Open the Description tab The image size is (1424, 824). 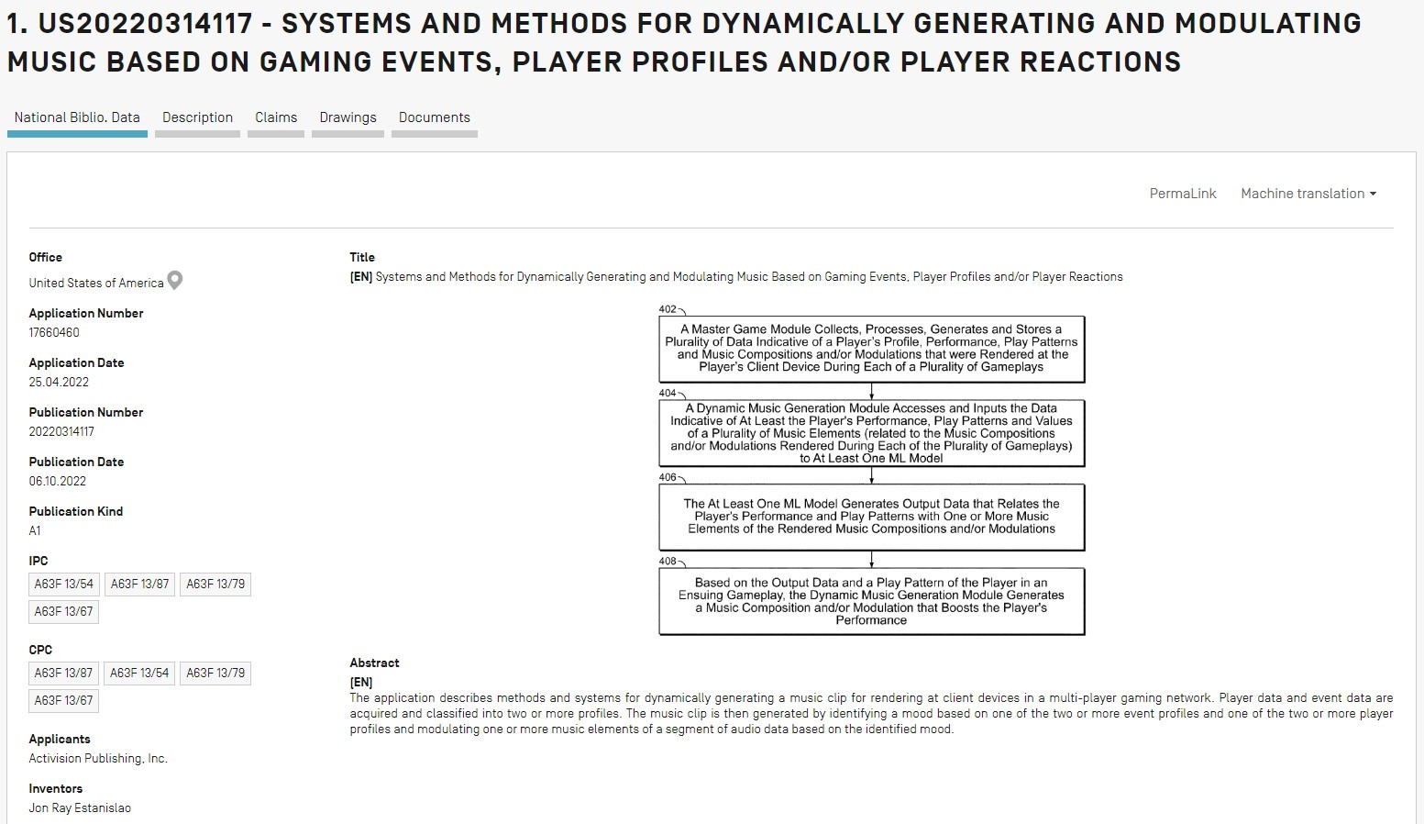[197, 117]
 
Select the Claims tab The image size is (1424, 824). [276, 117]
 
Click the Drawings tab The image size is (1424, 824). [348, 117]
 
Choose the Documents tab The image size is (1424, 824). [435, 117]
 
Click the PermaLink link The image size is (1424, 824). [1183, 194]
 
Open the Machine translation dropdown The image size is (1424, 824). [1308, 194]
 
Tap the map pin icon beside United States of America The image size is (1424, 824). [175, 281]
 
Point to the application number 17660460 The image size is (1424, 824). [54, 332]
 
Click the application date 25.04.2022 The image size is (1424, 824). [59, 382]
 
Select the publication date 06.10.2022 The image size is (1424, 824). [58, 481]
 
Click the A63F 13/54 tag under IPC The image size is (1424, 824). [64, 585]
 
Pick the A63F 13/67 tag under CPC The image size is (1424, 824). [64, 700]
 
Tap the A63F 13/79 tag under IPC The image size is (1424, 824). [215, 585]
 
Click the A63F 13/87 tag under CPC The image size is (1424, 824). [64, 673]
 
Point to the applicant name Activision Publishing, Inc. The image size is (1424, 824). [98, 758]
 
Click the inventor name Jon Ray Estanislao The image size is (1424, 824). [80, 807]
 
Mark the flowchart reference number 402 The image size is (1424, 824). [668, 309]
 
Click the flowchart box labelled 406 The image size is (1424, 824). [871, 517]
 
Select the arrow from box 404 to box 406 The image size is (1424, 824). [871, 475]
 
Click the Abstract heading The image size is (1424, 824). [374, 663]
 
